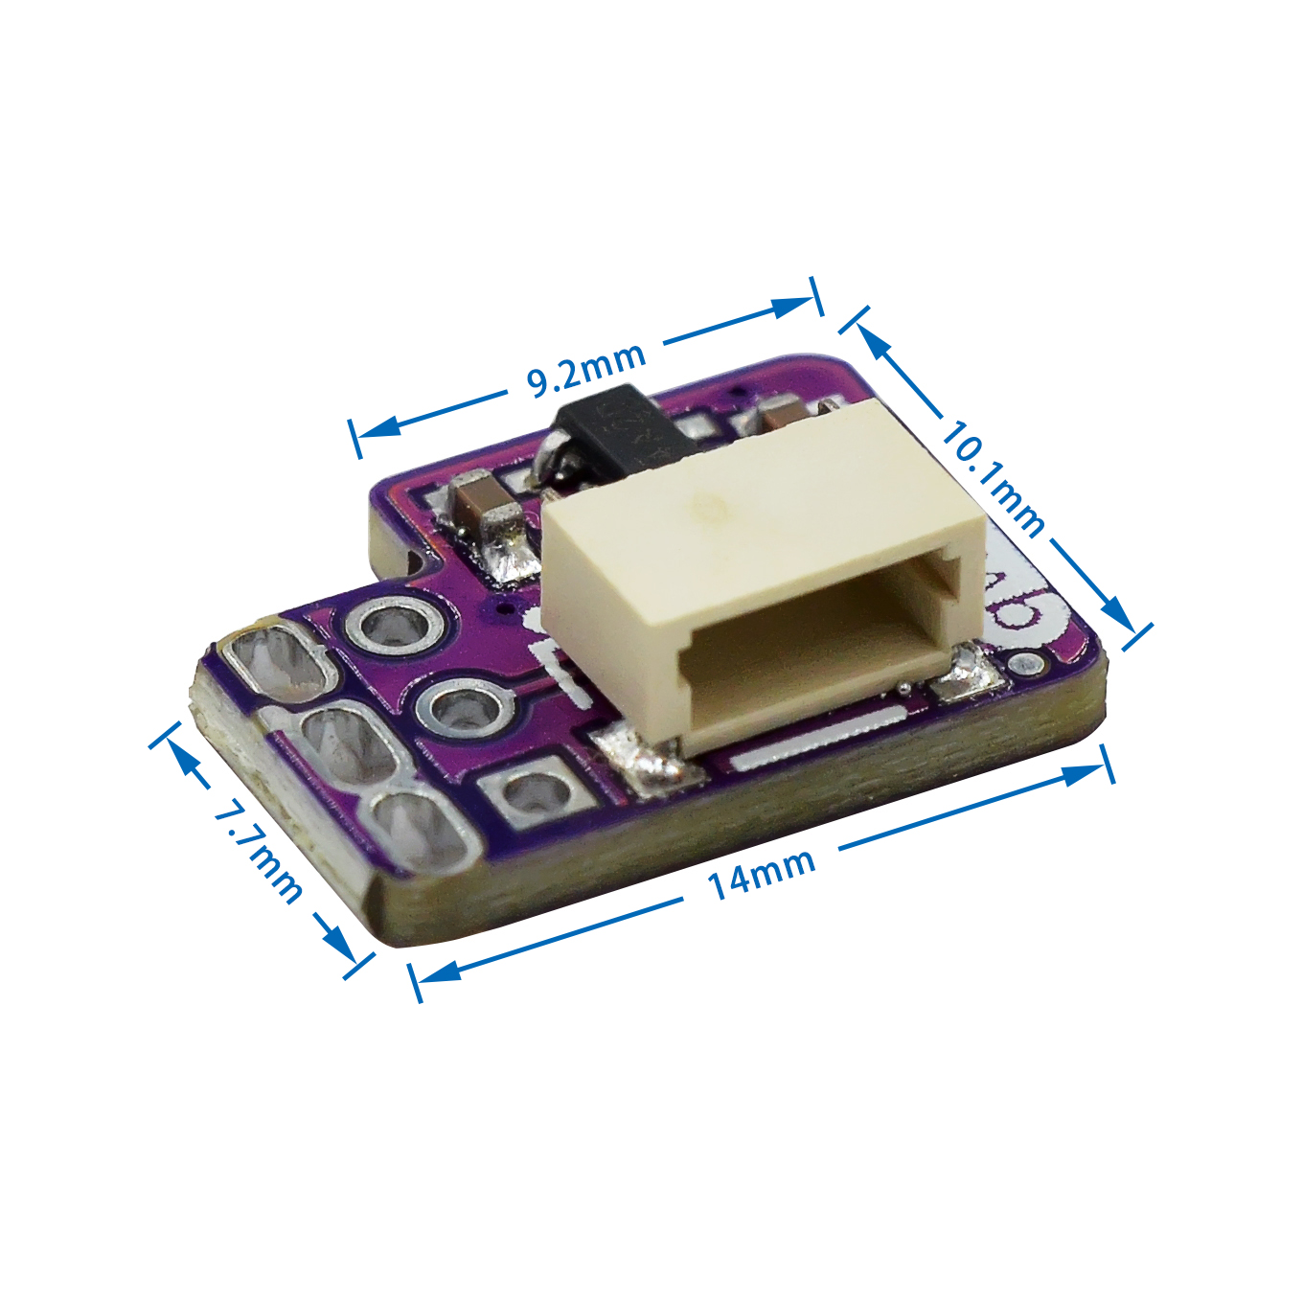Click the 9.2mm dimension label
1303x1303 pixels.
point(586,370)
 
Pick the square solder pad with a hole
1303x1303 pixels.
point(531,794)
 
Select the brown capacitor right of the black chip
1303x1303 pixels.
point(786,416)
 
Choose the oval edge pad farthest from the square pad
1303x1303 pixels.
point(274,660)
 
